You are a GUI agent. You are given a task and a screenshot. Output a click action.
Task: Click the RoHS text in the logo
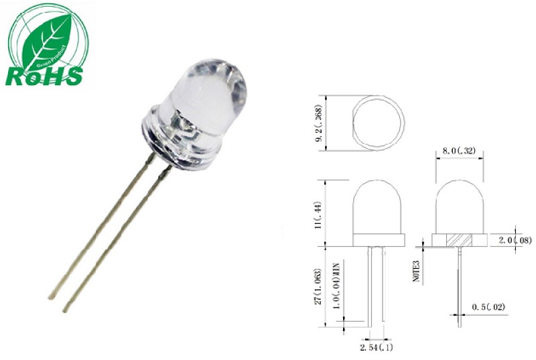tap(44, 76)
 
